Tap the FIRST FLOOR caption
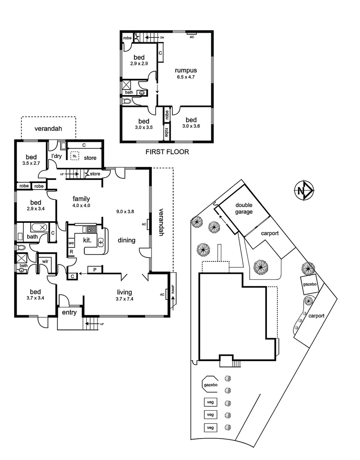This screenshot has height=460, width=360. click(167, 152)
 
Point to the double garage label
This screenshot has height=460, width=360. click(244, 208)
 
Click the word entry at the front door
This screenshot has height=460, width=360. click(70, 313)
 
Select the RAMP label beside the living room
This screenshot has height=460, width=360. click(173, 290)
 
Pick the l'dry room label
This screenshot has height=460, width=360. click(57, 156)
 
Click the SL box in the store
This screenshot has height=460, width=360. click(74, 156)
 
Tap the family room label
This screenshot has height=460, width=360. click(81, 198)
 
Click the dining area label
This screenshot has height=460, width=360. click(126, 240)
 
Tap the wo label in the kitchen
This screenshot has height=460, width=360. click(71, 243)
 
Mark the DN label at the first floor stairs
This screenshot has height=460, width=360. click(162, 38)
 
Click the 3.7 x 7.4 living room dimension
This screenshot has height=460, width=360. click(124, 299)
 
